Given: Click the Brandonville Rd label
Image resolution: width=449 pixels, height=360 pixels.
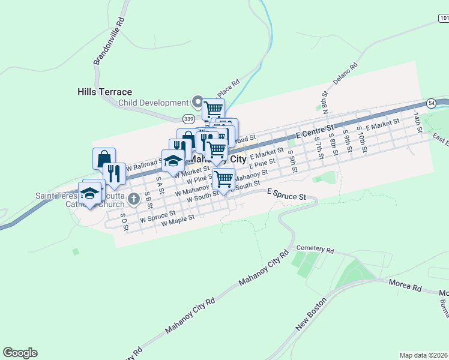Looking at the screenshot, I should pyautogui.click(x=109, y=41).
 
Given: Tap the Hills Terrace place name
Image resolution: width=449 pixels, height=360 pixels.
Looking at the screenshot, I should pyautogui.click(x=104, y=92).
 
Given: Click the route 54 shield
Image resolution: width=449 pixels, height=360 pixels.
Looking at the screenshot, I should pyautogui.click(x=431, y=103).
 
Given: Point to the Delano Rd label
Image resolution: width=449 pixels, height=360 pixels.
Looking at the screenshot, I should pyautogui.click(x=346, y=73).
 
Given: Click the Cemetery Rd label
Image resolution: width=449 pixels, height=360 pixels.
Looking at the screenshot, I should pyautogui.click(x=315, y=249).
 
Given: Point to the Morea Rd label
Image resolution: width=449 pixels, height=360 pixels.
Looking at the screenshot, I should pyautogui.click(x=405, y=286).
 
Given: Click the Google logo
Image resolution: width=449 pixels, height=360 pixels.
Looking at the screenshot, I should pyautogui.click(x=20, y=353).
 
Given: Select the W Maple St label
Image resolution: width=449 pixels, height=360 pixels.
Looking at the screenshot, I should pyautogui.click(x=176, y=219).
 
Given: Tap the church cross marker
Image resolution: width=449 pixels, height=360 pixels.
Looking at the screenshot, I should pyautogui.click(x=137, y=205).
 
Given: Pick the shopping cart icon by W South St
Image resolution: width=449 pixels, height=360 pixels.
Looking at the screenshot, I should pyautogui.click(x=223, y=178).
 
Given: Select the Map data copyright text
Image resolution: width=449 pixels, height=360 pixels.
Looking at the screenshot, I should pyautogui.click(x=424, y=355).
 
